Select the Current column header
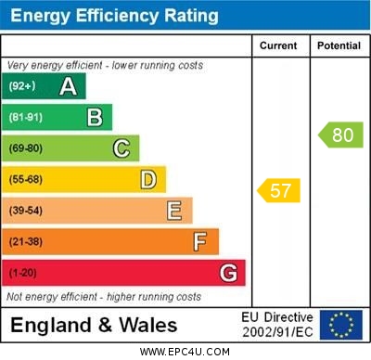[278, 45]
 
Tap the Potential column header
[339, 45]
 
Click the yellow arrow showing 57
[279, 191]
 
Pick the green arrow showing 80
[340, 135]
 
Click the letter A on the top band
[68, 86]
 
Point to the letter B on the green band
[95, 117]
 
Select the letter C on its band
[122, 148]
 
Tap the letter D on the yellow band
[148, 179]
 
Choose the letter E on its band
[174, 211]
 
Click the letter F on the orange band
[200, 241]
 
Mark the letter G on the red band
[228, 273]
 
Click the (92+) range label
[22, 87]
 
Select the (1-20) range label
[24, 274]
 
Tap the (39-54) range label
[27, 212]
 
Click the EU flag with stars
[341, 325]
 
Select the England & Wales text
[94, 325]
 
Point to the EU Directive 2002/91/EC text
[277, 325]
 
